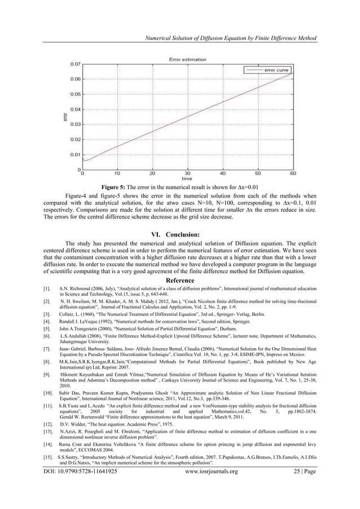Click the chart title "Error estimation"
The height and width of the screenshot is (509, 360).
pos(187,59)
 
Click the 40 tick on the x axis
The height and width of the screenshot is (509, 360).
pos(223,173)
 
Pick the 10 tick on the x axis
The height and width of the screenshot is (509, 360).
pos(117,173)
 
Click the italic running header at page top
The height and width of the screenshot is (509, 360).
pos(231,38)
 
